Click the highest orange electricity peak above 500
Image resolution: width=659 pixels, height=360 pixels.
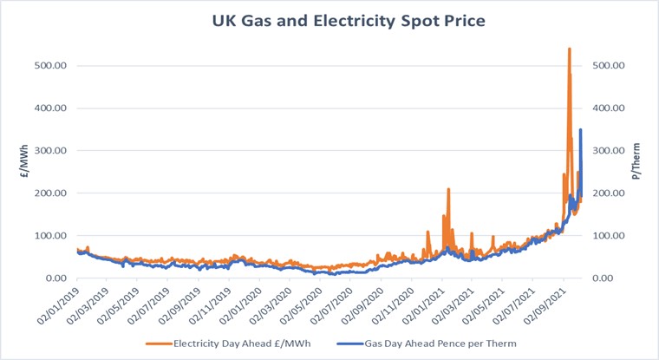point(569,49)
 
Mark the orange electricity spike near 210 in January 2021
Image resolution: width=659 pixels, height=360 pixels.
point(448,189)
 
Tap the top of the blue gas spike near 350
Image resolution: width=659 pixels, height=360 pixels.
point(580,130)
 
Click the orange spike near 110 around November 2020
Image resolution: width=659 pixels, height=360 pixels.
point(427,232)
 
